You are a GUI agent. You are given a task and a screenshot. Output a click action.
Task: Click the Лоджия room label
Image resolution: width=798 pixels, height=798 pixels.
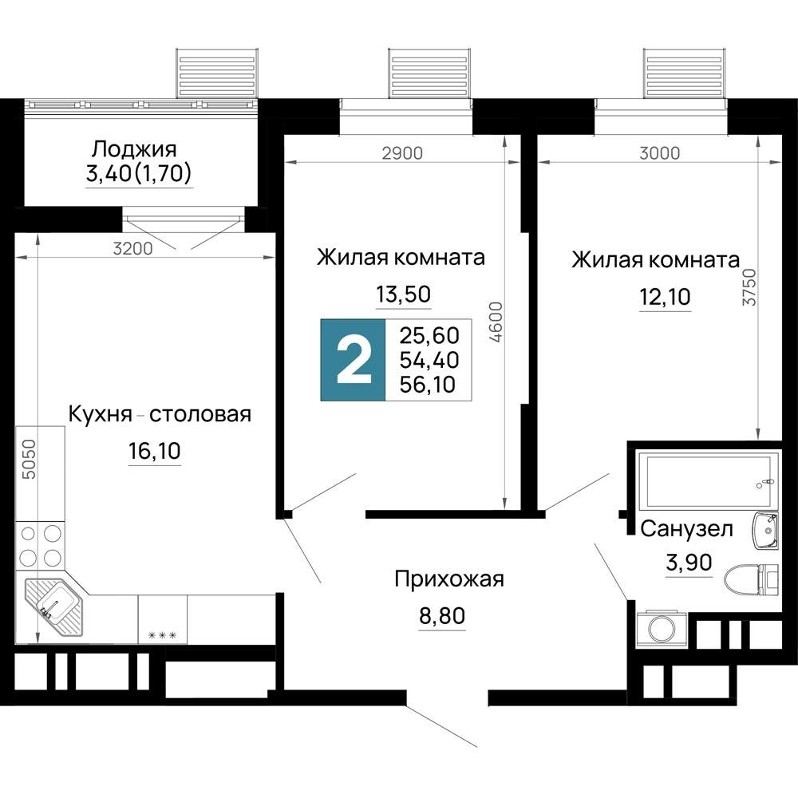134,148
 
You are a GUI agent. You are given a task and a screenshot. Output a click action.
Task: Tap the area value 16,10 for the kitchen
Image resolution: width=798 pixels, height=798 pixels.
155,452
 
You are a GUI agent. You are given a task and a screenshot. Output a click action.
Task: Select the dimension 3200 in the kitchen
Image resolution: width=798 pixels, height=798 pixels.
132,247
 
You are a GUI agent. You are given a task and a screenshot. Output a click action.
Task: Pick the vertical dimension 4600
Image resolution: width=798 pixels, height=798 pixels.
496,322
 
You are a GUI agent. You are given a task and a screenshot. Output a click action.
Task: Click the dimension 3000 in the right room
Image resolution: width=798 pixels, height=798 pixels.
660,153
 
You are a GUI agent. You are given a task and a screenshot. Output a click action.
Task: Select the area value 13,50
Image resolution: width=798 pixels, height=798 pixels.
403,294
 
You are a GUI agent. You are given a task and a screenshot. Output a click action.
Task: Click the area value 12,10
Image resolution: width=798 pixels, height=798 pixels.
664,298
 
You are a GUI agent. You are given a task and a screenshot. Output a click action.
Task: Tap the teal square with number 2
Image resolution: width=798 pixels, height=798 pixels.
353,360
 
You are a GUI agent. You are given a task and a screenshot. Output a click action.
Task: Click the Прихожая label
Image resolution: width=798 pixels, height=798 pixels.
449,579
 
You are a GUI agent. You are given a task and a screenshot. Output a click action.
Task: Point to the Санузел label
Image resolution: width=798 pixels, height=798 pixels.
687,527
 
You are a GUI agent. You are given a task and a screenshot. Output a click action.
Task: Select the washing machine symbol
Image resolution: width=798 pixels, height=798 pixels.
660,626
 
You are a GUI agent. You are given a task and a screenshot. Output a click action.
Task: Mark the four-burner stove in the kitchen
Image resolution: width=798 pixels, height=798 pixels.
41,544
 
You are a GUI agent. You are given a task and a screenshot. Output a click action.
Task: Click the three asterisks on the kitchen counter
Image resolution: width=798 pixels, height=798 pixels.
162,635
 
